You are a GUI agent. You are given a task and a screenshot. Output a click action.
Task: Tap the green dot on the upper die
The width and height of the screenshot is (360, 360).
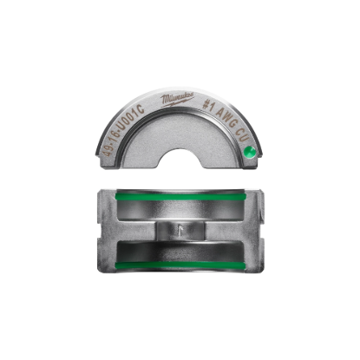(249, 152)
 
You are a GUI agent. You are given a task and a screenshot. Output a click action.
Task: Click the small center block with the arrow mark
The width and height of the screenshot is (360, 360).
(180, 233)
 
